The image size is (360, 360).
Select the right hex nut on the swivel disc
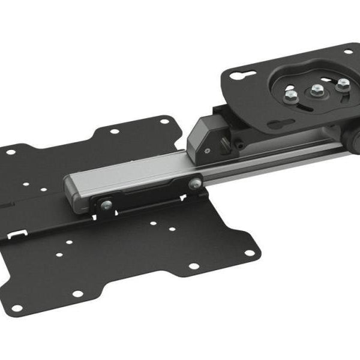click(x=343, y=85)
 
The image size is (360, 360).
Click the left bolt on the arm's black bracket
click(x=106, y=206)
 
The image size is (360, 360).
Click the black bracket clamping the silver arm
click(x=150, y=195)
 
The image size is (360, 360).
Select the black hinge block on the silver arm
click(x=207, y=135)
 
